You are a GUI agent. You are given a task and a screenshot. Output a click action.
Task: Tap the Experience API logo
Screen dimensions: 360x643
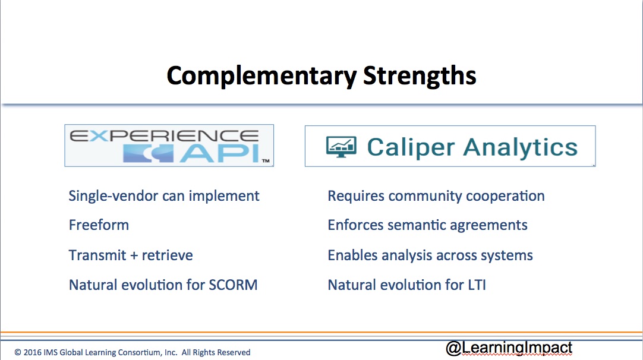tap(169, 146)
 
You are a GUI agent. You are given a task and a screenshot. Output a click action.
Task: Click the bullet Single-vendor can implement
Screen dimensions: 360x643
tap(164, 195)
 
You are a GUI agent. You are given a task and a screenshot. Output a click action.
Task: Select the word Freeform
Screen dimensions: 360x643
tap(99, 225)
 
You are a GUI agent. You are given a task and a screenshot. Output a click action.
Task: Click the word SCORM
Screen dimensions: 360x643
tap(233, 285)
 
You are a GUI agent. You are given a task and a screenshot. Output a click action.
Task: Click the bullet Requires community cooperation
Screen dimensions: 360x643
tap(436, 195)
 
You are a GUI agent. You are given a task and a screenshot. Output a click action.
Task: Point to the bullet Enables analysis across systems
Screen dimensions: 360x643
tap(430, 255)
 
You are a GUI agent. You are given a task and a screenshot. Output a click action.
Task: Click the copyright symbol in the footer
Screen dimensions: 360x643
tap(18, 352)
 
